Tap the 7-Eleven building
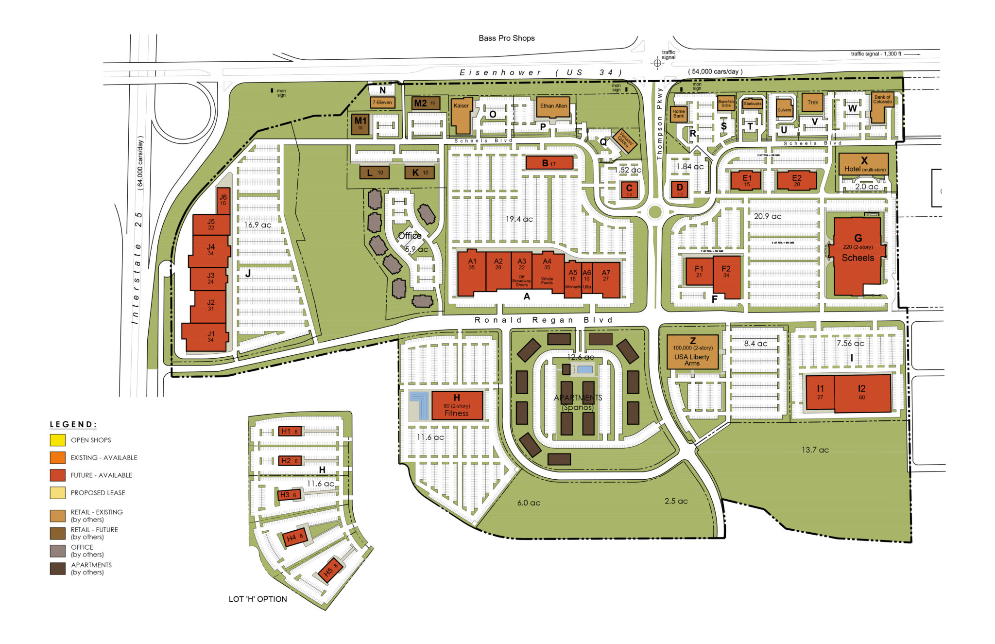point(382,102)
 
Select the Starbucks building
point(752,104)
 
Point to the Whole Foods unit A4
point(547,272)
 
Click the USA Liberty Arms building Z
point(692,352)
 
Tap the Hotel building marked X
point(863,164)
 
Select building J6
point(223,200)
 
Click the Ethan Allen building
point(553,107)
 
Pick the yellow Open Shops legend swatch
point(57,440)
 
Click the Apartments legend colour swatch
point(57,569)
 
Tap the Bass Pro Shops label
point(506,38)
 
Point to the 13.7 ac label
point(815,450)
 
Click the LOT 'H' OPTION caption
point(257,599)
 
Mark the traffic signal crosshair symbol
point(657,63)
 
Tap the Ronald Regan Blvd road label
point(543,320)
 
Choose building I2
point(862,393)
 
